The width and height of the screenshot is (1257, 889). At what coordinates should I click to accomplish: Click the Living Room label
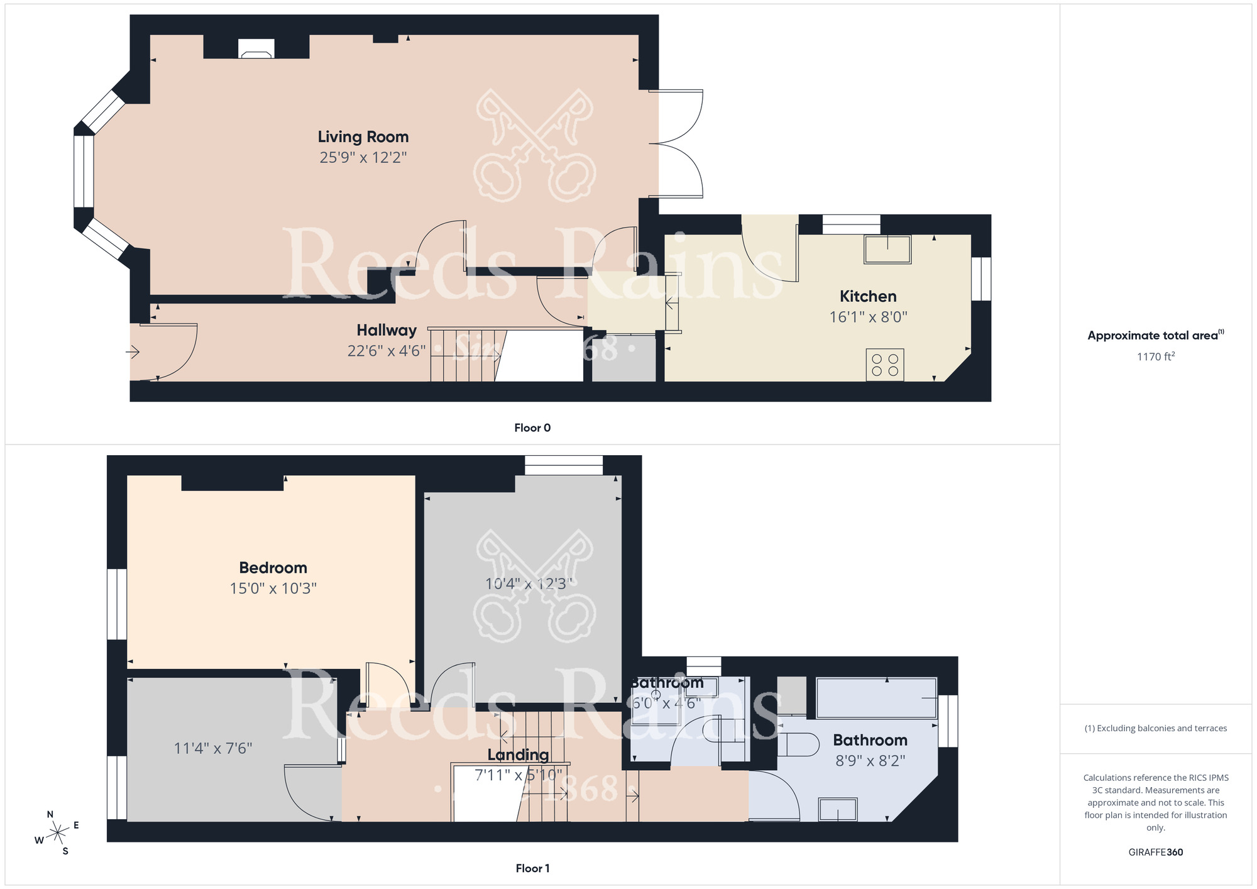[363, 136]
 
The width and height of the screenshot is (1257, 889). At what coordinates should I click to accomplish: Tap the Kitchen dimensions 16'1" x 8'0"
[868, 317]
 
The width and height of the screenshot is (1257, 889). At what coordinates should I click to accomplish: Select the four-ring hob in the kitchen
[885, 365]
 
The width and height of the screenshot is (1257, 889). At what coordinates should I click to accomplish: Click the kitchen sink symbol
[887, 249]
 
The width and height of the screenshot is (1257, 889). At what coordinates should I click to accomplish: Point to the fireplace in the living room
[256, 49]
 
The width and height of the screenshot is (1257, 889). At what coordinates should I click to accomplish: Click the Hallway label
[387, 330]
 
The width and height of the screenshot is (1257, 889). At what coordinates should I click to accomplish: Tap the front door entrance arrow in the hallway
[133, 352]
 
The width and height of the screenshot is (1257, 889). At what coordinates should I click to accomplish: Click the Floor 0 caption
[532, 428]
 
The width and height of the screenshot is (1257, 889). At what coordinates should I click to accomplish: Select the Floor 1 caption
[532, 868]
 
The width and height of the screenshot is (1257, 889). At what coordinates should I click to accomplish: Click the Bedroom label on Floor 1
[273, 568]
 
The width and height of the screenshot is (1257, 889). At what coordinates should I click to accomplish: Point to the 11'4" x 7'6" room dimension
[213, 748]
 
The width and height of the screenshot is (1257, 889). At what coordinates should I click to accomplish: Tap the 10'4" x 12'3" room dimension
[529, 583]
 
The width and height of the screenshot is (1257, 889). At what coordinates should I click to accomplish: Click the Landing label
[518, 754]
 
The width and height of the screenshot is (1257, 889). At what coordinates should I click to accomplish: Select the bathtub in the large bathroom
[876, 698]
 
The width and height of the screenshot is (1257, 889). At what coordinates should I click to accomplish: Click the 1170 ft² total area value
[1155, 356]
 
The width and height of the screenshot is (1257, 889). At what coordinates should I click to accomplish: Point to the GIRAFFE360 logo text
[1155, 853]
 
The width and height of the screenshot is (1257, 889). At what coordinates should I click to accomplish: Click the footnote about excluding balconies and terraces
[1155, 728]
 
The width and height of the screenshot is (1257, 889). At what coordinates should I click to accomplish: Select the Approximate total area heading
[1155, 335]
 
